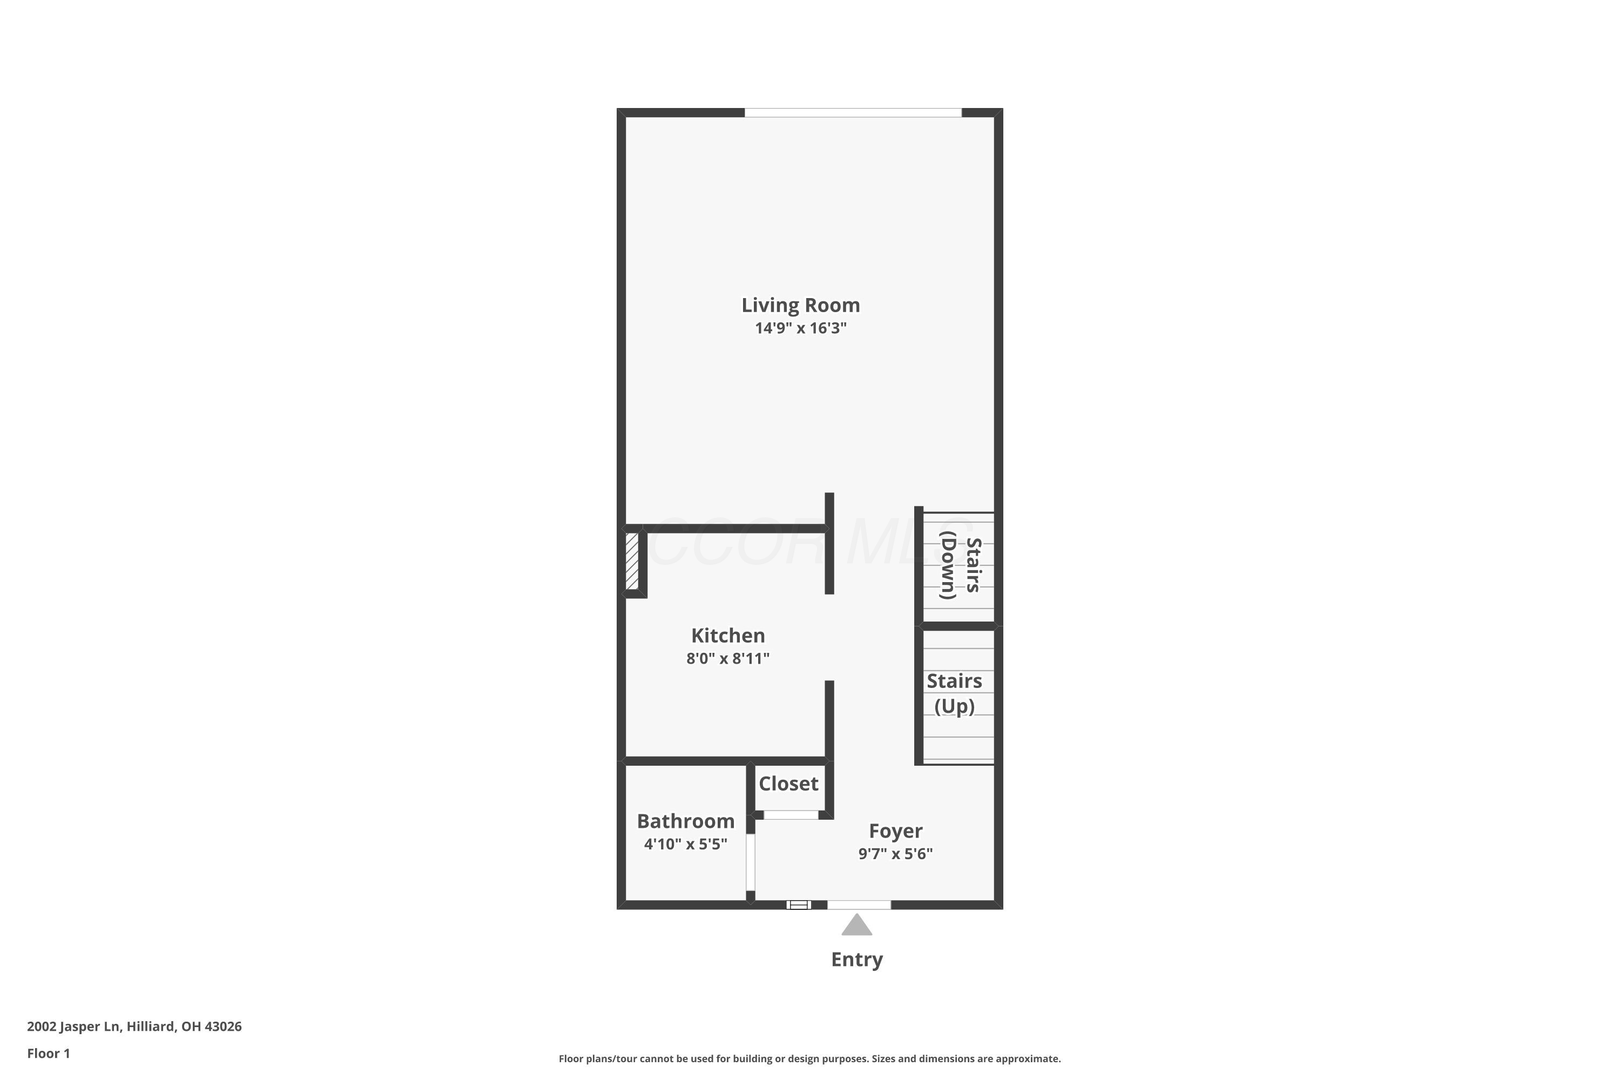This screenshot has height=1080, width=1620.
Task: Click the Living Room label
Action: (x=800, y=305)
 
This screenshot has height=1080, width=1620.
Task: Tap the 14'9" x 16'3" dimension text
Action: (x=800, y=328)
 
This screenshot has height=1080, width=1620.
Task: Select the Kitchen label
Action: (x=728, y=635)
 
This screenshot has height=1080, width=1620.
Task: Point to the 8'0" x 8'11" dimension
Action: (x=728, y=658)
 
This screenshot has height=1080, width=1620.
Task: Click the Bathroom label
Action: (x=685, y=821)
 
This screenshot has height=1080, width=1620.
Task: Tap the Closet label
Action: (x=788, y=784)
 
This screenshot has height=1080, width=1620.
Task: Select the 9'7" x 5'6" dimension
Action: (x=895, y=854)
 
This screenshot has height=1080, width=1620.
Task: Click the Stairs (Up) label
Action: (x=955, y=693)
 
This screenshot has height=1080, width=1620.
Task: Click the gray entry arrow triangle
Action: (x=857, y=926)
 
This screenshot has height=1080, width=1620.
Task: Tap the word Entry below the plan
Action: (x=857, y=960)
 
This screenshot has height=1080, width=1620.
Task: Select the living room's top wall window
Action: (x=853, y=113)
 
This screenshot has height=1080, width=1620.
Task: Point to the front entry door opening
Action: (x=859, y=905)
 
